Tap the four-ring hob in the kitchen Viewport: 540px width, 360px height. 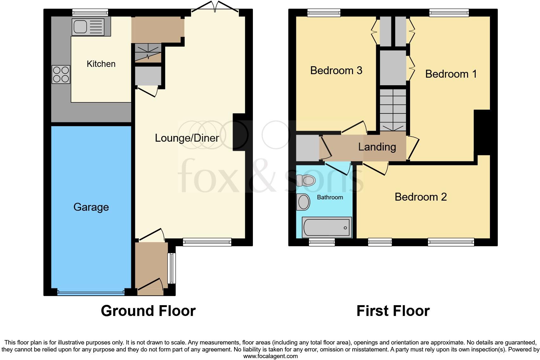click(x=61, y=74)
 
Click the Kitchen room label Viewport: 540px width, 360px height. click(x=101, y=64)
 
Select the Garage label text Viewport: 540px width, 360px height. click(x=91, y=207)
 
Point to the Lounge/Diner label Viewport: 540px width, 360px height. click(x=187, y=138)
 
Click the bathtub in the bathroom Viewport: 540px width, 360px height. click(x=327, y=227)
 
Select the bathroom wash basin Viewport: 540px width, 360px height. click(x=303, y=202)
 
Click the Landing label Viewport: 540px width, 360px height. click(x=377, y=147)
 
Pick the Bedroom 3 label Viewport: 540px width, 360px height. click(x=336, y=70)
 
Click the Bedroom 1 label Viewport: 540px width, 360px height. click(x=451, y=74)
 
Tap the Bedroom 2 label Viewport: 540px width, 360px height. click(x=421, y=197)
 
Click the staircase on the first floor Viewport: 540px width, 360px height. click(x=393, y=110)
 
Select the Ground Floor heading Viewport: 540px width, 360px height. click(x=148, y=311)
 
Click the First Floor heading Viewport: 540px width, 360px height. click(x=393, y=311)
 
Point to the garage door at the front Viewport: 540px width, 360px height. click(x=91, y=293)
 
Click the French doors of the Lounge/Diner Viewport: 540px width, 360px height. click(x=215, y=9)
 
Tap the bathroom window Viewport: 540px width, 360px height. click(x=322, y=242)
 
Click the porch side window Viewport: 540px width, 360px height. click(x=171, y=268)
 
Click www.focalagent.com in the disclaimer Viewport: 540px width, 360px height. click(x=270, y=356)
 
